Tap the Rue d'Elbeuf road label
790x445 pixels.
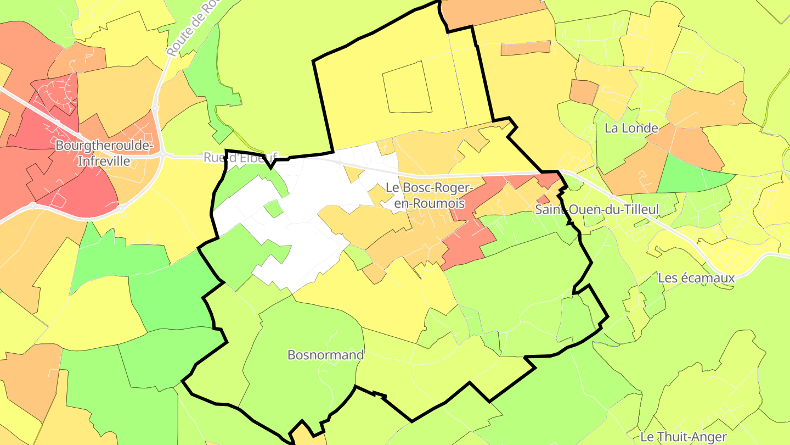pos(241,158)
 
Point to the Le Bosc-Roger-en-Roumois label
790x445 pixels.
pos(429,195)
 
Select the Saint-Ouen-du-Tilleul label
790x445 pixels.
pos(597,209)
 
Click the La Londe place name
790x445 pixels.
pos(631,128)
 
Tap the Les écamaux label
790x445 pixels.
pos(696,278)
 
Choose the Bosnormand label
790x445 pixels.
pos(325,355)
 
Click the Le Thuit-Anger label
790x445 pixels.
pos(683,437)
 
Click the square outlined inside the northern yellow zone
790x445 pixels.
pos(406,87)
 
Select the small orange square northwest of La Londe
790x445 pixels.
pos(584,91)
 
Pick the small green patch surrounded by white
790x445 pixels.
pos(273,209)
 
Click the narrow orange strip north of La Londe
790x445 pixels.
pos(525,48)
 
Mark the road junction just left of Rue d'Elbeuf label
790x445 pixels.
pos(163,155)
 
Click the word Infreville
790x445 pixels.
pos(104,161)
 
